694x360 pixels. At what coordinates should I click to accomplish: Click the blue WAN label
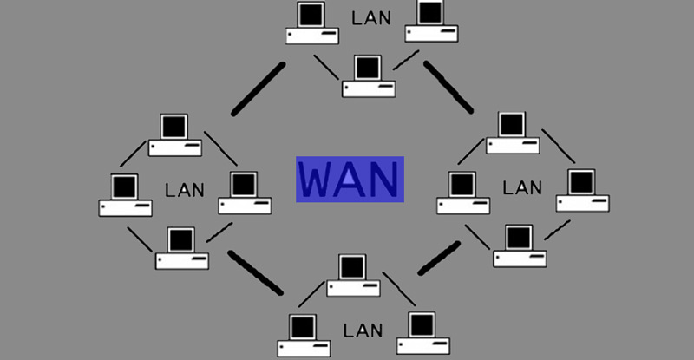pos(350,180)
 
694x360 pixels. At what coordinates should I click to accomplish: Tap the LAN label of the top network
pos(370,16)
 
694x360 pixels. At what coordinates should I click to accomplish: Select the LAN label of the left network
pos(185,189)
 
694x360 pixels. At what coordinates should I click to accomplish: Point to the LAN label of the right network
pos(522,187)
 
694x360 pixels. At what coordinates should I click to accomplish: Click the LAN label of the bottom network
pos(363,331)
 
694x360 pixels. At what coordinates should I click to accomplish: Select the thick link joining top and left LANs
pos(258,88)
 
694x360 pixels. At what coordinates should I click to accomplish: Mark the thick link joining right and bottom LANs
pos(439,258)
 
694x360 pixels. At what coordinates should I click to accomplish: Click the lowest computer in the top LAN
pos(368,76)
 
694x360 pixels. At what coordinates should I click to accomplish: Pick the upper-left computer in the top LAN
pos(312,24)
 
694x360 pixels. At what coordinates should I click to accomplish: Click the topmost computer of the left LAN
pos(175,134)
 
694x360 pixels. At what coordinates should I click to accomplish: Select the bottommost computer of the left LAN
pos(182,248)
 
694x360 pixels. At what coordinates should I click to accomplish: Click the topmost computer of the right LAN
pos(512,133)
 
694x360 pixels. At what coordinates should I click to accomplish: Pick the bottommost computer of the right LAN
pos(520,246)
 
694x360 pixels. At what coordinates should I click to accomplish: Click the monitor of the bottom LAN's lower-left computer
pos(303,326)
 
